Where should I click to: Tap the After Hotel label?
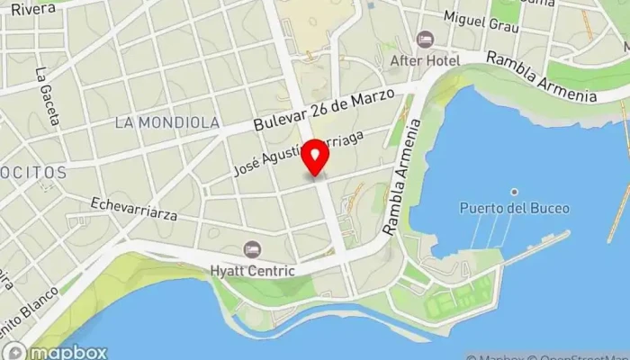point(425,60)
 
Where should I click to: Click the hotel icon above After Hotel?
point(425,40)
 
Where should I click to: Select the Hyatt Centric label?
point(253,270)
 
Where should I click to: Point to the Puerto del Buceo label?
point(514,208)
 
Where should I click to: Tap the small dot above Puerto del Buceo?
point(514,191)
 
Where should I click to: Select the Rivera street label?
point(28,8)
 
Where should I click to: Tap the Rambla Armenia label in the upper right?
point(542,77)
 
